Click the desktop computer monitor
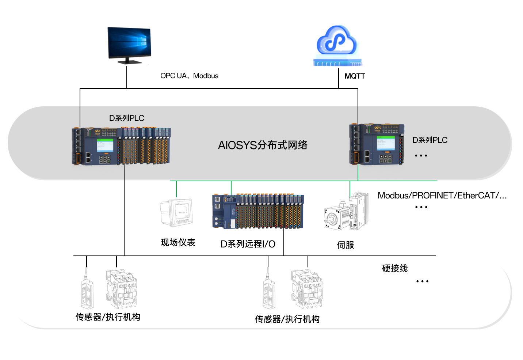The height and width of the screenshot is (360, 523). tap(129, 44)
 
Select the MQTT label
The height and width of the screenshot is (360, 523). tap(355, 76)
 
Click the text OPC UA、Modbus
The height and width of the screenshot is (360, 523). tap(189, 76)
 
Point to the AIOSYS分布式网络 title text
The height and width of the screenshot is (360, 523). tap(263, 145)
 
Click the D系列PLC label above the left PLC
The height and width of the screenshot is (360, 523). tap(126, 118)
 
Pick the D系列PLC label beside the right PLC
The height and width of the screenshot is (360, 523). tap(430, 140)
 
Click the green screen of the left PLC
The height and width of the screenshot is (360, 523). tap(105, 145)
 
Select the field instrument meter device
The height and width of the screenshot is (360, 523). tap(177, 212)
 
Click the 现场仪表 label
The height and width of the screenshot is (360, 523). tap(178, 242)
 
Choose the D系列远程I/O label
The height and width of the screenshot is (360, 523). tap(248, 244)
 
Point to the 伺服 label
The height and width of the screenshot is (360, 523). tap(345, 245)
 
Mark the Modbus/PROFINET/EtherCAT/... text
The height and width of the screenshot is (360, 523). tap(442, 196)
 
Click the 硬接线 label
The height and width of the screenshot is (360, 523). tap(394, 269)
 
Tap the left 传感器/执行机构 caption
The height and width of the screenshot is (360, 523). tap(108, 317)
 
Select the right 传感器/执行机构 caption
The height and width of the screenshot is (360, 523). tap(287, 319)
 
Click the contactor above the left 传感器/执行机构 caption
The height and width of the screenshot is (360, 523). tap(121, 289)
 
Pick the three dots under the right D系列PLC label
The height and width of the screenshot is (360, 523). tap(421, 155)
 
